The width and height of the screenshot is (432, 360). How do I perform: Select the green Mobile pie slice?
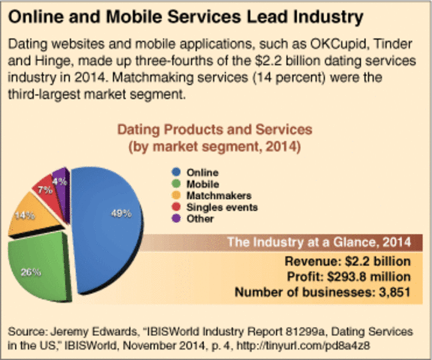[37, 262]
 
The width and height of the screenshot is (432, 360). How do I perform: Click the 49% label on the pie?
[121, 214]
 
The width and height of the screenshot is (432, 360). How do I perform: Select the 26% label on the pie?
[31, 271]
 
